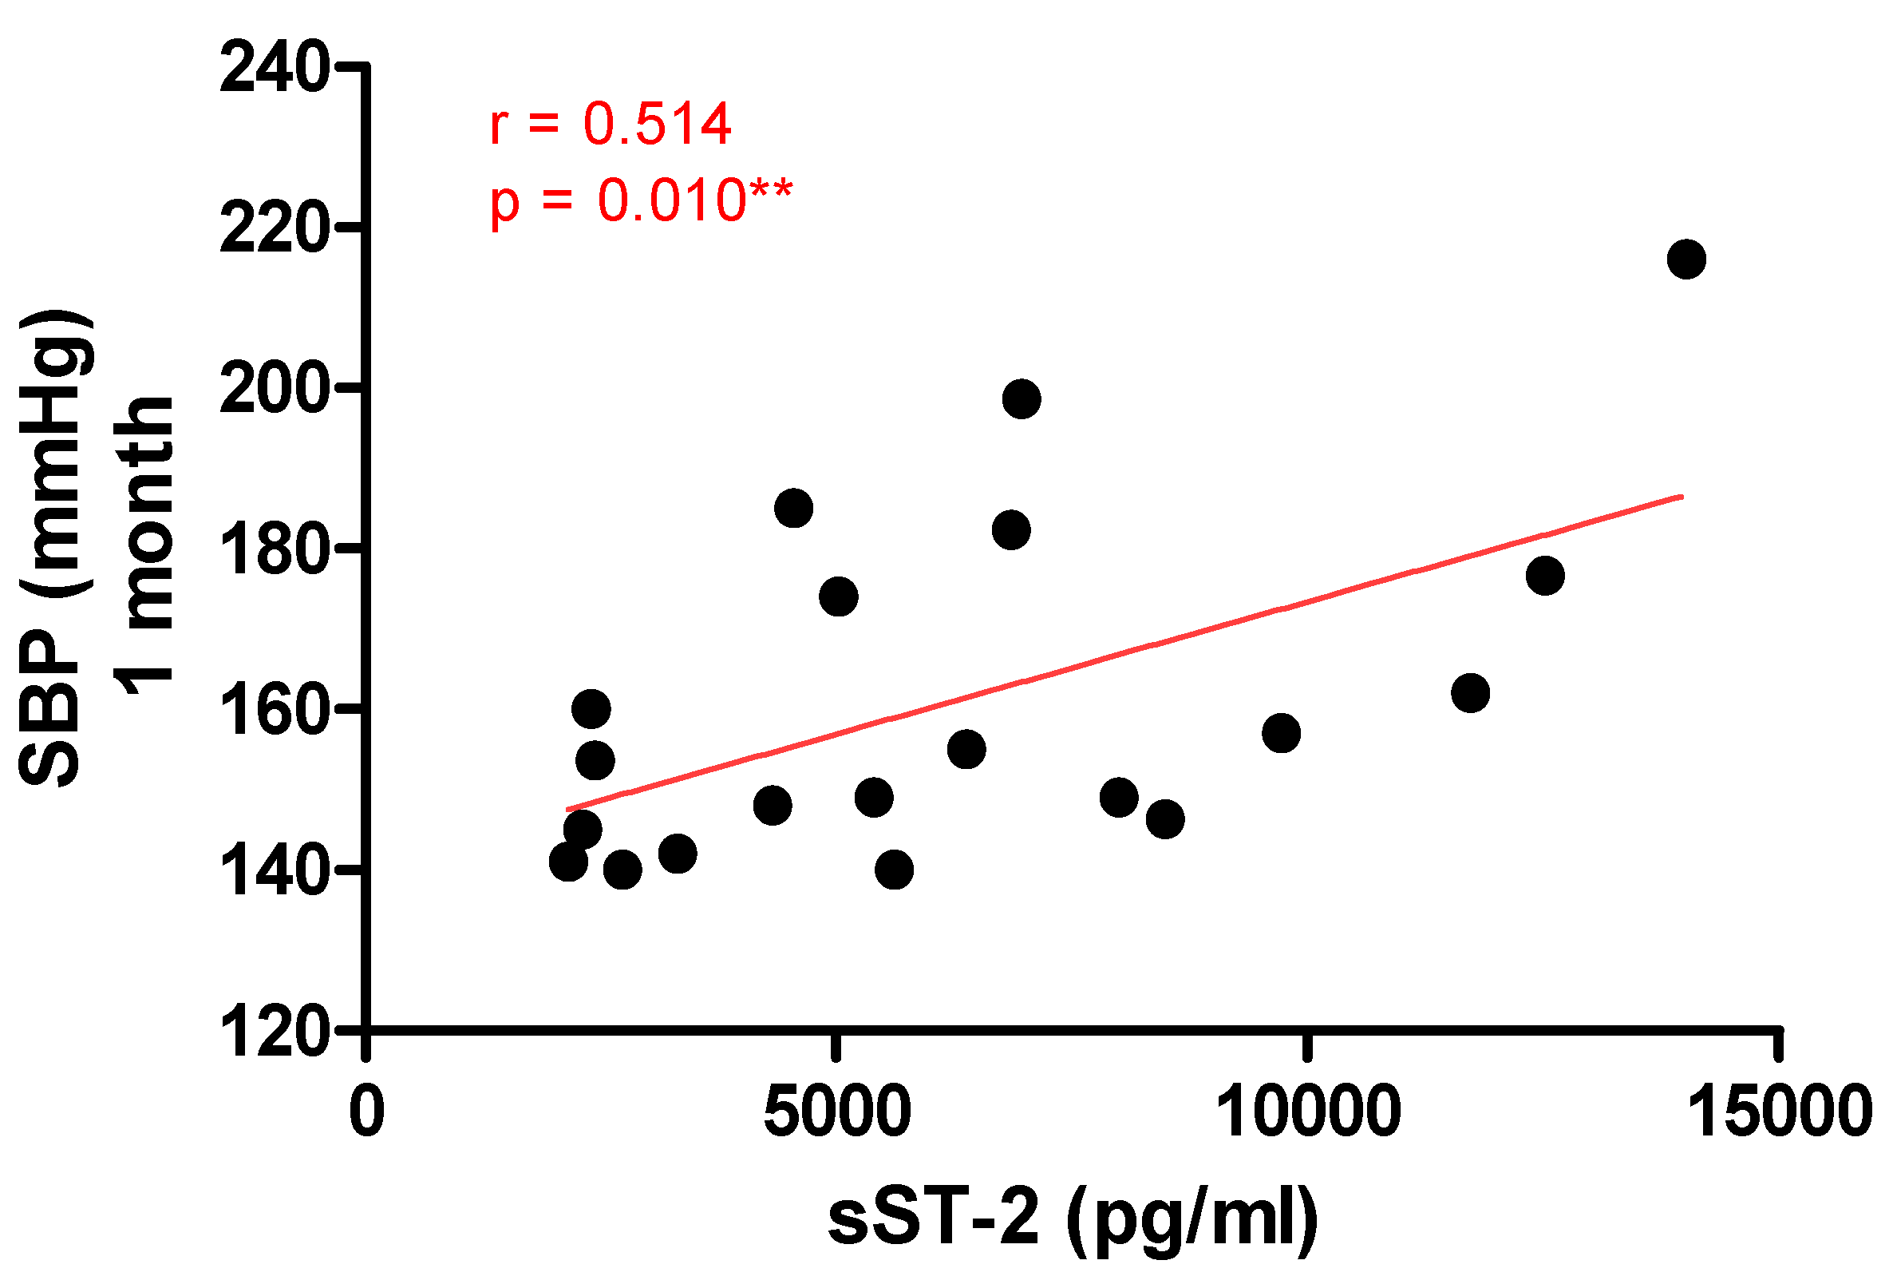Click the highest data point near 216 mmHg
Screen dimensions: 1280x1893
coord(1686,259)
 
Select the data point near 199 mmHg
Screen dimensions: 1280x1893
coord(1022,398)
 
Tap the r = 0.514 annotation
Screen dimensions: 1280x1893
coord(610,124)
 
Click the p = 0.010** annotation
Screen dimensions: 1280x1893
coord(640,200)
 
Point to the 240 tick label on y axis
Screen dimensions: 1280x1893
coord(275,69)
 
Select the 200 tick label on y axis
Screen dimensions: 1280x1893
coord(275,390)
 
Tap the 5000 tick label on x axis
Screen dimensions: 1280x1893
coord(836,1112)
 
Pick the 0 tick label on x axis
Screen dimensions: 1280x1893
coord(366,1112)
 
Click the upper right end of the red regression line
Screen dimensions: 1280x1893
coord(1682,496)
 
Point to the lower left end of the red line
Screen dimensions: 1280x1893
coord(568,810)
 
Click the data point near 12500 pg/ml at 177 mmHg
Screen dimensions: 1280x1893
coord(1545,576)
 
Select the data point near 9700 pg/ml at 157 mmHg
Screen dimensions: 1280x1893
coord(1281,733)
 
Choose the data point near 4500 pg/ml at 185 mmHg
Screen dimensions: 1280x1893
coord(794,509)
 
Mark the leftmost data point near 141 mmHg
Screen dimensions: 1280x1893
coord(568,862)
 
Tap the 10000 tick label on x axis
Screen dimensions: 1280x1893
coord(1308,1112)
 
